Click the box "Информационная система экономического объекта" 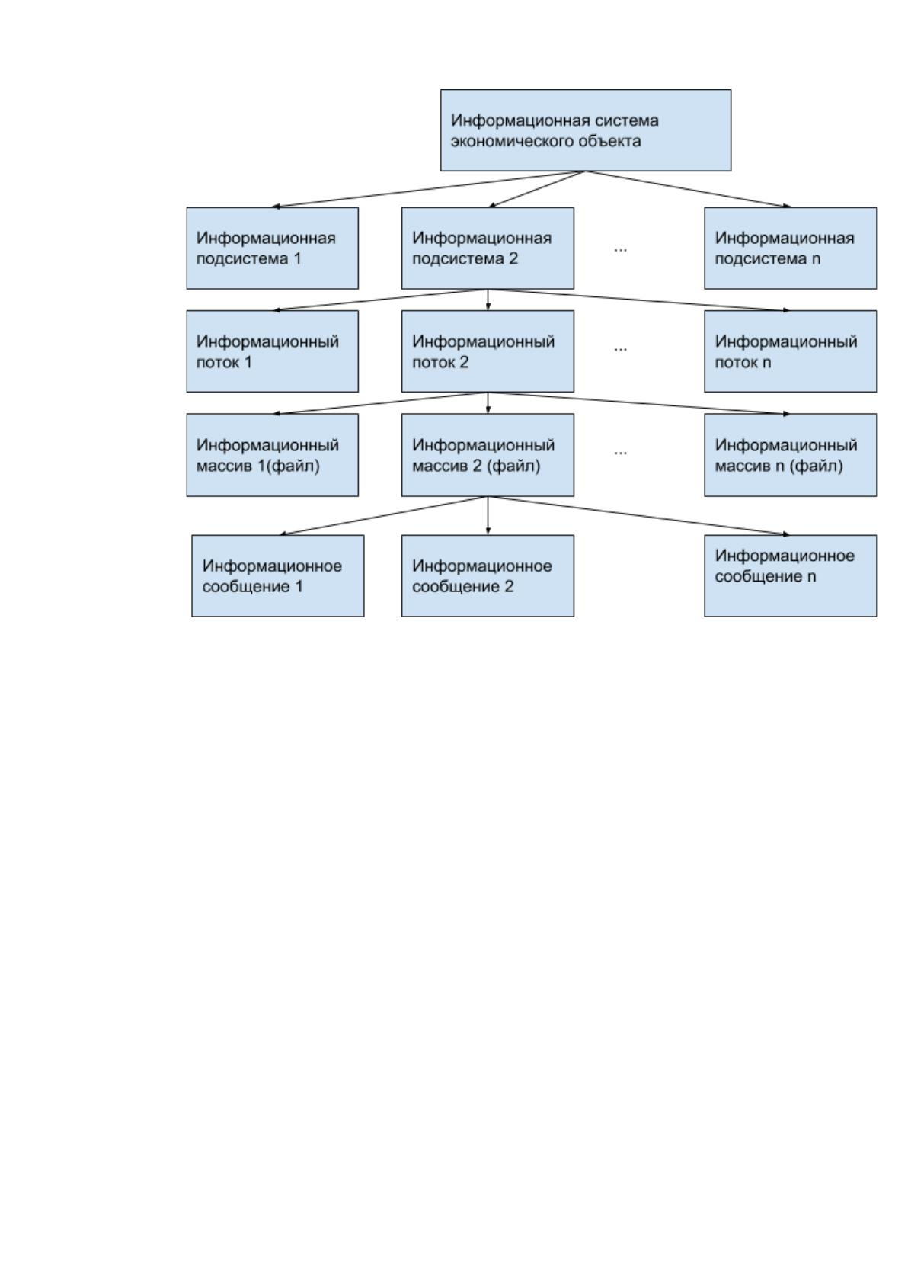click(x=585, y=130)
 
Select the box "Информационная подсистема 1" click(x=272, y=248)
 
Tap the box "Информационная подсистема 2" click(x=488, y=248)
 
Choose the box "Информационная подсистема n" click(x=790, y=248)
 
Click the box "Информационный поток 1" click(x=272, y=351)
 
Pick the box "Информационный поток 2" click(x=488, y=351)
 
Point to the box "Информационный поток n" click(x=790, y=351)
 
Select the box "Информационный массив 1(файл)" click(x=272, y=455)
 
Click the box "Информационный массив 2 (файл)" click(x=488, y=455)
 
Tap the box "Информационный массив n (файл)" click(x=790, y=455)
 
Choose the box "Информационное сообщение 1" click(x=277, y=576)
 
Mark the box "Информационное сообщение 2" click(x=488, y=576)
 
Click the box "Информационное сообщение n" click(x=790, y=576)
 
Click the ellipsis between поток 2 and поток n click(x=620, y=350)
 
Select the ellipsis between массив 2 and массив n click(x=620, y=453)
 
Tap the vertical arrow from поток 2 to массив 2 click(x=488, y=402)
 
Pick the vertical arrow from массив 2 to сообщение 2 click(x=488, y=516)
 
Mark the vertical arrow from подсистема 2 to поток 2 click(x=488, y=300)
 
